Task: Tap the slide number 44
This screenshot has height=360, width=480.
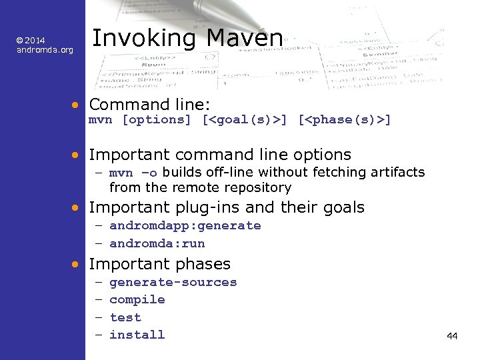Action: [452, 336]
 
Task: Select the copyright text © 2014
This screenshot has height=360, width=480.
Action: [31, 41]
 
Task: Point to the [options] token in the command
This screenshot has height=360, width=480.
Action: [157, 120]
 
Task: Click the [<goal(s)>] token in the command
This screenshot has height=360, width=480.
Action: [245, 120]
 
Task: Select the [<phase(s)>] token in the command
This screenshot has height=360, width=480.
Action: [344, 120]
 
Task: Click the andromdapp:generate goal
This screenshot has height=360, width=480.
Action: [185, 226]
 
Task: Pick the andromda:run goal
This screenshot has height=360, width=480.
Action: [157, 243]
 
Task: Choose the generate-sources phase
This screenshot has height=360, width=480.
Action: [173, 283]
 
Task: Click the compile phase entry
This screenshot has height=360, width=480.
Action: [137, 300]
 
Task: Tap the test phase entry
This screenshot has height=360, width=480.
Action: [125, 317]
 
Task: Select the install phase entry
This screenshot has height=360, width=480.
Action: [137, 335]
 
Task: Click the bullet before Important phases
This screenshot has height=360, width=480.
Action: [78, 265]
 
